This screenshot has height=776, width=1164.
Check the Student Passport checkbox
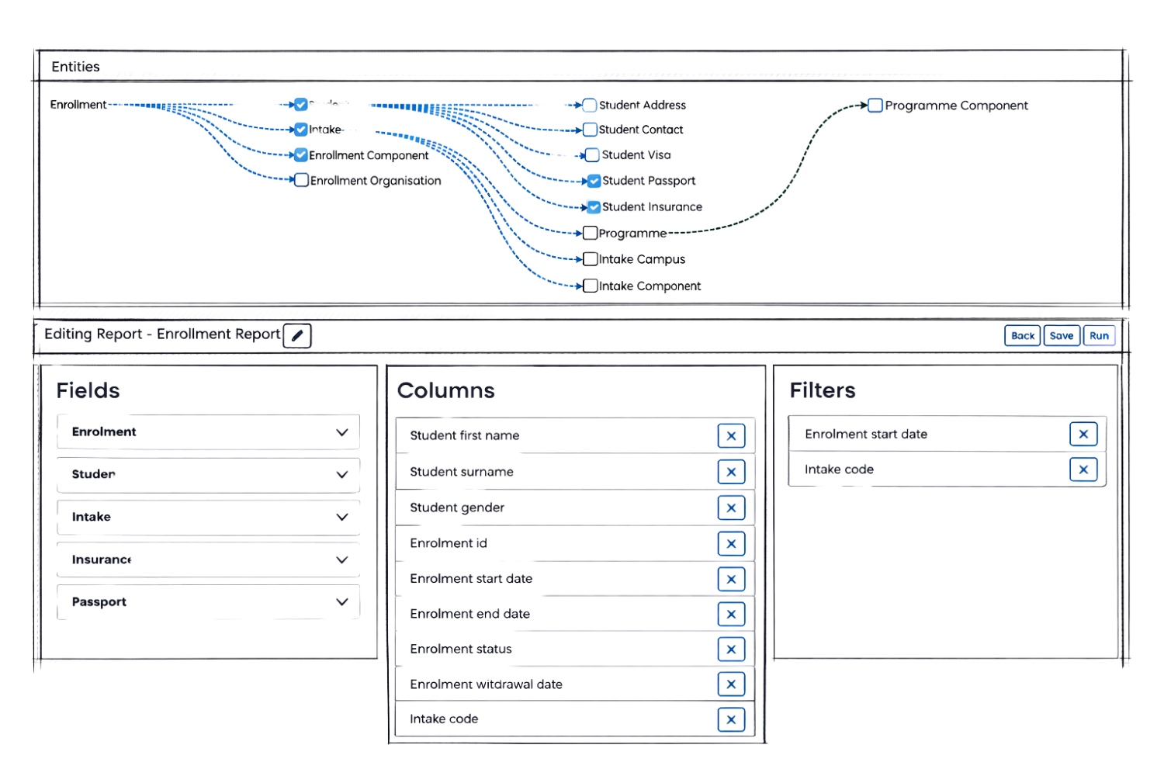click(594, 181)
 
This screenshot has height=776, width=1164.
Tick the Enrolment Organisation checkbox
click(301, 180)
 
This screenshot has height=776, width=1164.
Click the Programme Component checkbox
click(875, 105)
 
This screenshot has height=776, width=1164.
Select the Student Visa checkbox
click(591, 155)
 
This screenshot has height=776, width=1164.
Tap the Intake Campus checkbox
click(590, 258)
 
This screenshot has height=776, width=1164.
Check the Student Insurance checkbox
click(594, 206)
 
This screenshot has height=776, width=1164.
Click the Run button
click(1099, 335)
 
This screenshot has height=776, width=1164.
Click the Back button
click(1022, 335)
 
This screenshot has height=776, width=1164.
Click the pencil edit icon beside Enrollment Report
click(297, 335)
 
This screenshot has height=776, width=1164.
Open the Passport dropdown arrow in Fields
click(341, 601)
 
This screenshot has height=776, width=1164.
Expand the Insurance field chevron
click(341, 559)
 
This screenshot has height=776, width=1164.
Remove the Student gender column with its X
click(731, 508)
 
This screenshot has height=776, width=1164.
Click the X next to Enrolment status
click(731, 649)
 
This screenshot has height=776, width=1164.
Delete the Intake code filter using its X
click(1084, 469)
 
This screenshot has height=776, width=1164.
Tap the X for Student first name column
click(731, 435)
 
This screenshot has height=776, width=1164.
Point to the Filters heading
click(822, 390)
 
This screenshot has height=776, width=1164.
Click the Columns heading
click(445, 390)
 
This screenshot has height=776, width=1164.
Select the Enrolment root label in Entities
click(78, 104)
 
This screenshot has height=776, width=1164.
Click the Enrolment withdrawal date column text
click(486, 684)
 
